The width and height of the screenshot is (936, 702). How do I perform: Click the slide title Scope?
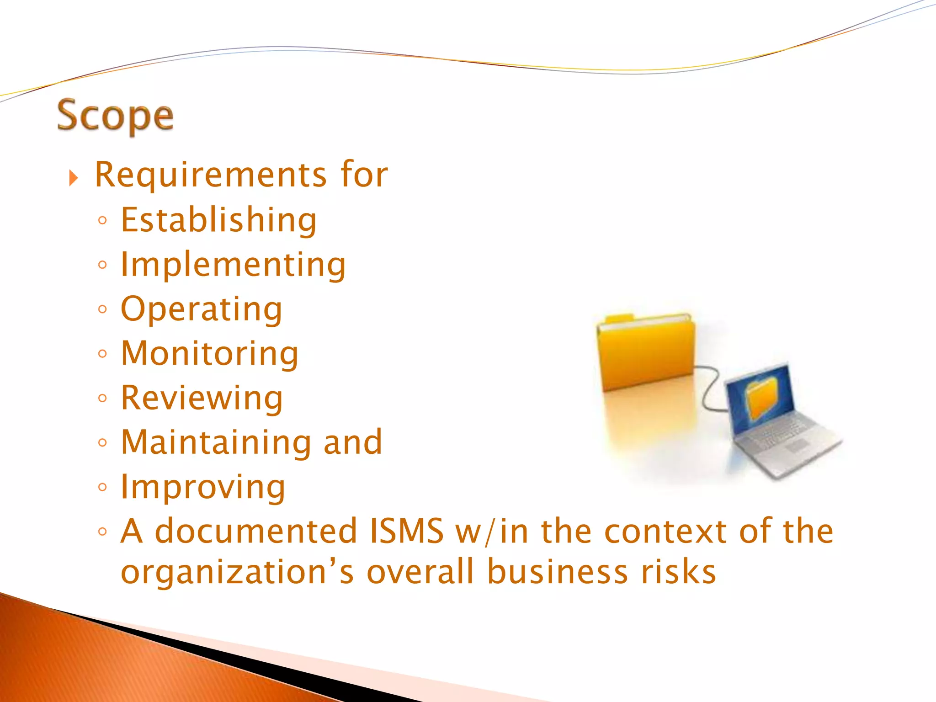[x=115, y=117]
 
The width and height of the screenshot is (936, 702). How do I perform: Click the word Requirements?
[x=211, y=175]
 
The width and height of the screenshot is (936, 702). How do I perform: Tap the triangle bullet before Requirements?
[x=74, y=178]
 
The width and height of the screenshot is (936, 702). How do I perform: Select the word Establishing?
[x=218, y=220]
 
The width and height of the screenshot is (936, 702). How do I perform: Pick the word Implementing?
[x=233, y=265]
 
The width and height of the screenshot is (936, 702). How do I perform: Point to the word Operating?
[x=202, y=309]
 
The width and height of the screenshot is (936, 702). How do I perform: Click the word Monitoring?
[x=210, y=354]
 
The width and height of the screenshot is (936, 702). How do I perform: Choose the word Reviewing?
[x=202, y=398]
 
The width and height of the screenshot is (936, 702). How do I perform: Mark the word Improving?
[x=203, y=487]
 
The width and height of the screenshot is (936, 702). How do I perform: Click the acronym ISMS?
[x=406, y=531]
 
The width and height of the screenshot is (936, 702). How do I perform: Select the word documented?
[x=255, y=531]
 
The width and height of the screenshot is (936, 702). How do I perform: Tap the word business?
[x=557, y=571]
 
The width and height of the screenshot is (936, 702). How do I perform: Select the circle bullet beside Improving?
[x=102, y=487]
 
